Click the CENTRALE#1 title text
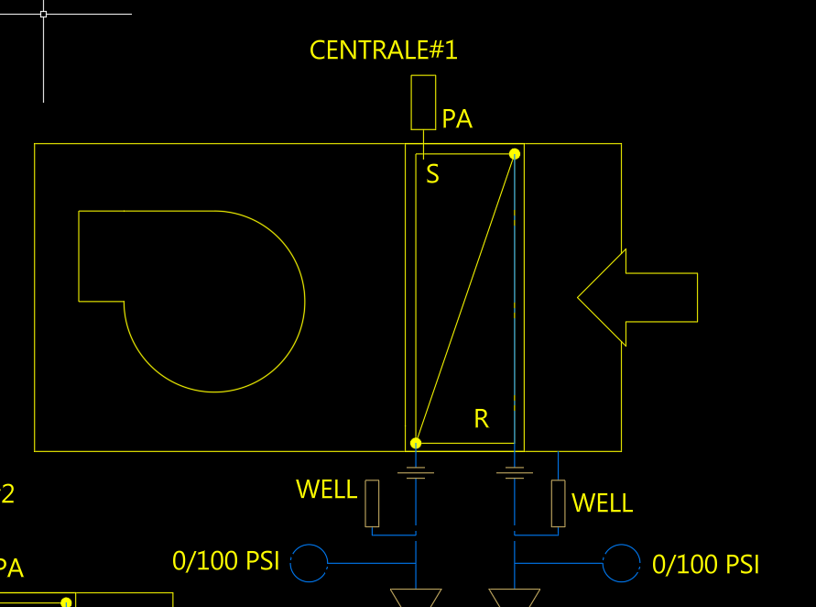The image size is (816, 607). [383, 50]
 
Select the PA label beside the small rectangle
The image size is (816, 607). [457, 119]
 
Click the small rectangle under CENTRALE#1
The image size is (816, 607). [423, 102]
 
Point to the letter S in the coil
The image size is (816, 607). [433, 174]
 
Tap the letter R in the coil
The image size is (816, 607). [482, 420]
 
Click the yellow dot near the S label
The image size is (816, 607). [515, 154]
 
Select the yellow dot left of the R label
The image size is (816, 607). [416, 444]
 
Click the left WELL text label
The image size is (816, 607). [326, 490]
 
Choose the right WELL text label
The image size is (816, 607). [602, 503]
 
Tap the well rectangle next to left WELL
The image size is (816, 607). [372, 503]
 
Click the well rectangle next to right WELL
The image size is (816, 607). [559, 503]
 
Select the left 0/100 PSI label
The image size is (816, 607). [225, 561]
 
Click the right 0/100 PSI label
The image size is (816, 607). [705, 565]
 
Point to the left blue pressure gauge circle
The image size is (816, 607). [309, 563]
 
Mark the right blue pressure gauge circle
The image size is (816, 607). [622, 563]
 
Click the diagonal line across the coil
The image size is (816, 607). [465, 299]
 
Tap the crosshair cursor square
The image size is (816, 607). [43, 14]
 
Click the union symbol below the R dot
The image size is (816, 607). [416, 473]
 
